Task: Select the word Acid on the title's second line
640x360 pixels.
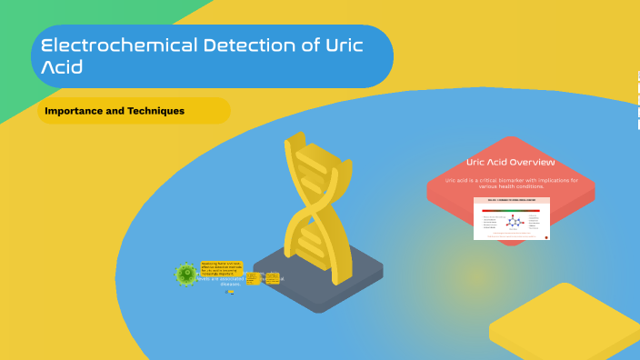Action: (63, 66)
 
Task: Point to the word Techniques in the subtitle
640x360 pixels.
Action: (153, 111)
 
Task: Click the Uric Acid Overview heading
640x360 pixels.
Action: (510, 162)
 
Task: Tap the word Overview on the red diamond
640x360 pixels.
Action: (532, 162)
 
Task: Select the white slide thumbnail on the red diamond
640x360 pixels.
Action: (511, 218)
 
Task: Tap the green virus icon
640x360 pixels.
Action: (186, 273)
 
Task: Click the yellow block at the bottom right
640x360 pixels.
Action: (568, 323)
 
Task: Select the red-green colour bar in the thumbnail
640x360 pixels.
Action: (511, 208)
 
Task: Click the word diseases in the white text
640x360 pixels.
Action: (231, 284)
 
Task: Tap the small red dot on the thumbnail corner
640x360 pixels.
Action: (545, 237)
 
